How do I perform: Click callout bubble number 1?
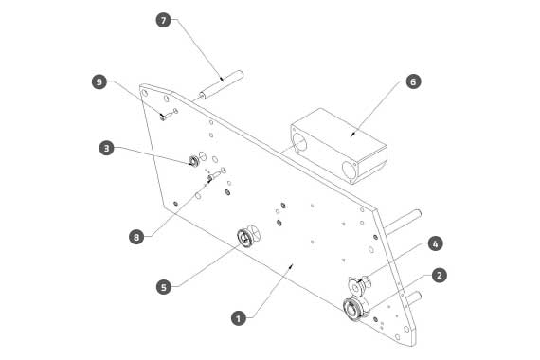[x=239, y=318]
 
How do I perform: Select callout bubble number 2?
[x=439, y=276]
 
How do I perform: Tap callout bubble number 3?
[x=106, y=148]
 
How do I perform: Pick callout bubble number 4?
[x=435, y=243]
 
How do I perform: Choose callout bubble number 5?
[x=164, y=287]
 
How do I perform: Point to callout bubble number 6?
[x=413, y=81]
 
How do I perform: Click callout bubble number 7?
[x=163, y=20]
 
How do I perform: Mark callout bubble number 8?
[x=136, y=237]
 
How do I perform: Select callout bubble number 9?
[x=99, y=82]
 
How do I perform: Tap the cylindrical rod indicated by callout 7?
[x=221, y=84]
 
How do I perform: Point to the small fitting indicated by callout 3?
[x=194, y=161]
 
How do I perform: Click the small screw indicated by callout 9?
[x=169, y=115]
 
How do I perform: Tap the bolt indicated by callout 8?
[x=216, y=174]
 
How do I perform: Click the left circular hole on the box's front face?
[x=299, y=142]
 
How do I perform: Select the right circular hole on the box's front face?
[x=350, y=171]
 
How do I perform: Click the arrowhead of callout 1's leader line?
[x=292, y=266]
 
